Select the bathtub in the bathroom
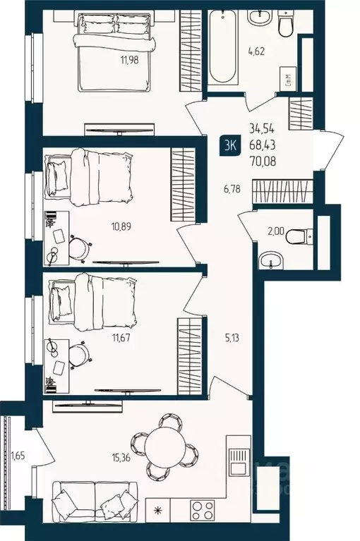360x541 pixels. click(x=226, y=45)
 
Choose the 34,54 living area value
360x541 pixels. click(x=263, y=129)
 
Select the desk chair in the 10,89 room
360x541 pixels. click(x=80, y=246)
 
